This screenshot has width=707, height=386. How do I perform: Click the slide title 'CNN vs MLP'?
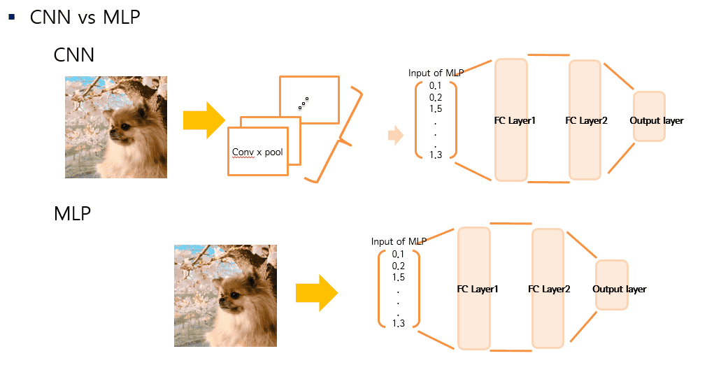(85, 17)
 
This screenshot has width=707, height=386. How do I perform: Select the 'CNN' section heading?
(73, 55)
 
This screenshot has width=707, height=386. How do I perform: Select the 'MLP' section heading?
(72, 213)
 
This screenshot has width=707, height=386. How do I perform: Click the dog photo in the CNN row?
(116, 127)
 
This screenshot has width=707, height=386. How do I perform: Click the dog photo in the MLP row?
(225, 296)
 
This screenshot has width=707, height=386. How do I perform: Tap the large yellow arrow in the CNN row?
(203, 120)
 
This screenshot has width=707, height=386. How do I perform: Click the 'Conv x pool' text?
(257, 152)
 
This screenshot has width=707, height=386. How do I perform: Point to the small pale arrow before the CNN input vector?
(396, 136)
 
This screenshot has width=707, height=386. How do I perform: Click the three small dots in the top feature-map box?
(303, 104)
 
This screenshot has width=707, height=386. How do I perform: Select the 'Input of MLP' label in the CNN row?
(436, 73)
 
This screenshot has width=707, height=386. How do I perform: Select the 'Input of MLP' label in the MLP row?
(399, 241)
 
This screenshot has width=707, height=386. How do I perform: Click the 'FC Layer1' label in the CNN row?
(515, 121)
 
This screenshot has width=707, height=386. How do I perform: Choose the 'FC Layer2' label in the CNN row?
(586, 121)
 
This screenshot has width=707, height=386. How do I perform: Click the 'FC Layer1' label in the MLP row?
(478, 289)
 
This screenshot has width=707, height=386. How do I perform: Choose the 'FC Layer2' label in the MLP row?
(549, 289)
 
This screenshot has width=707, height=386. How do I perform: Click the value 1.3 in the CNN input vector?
(436, 155)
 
